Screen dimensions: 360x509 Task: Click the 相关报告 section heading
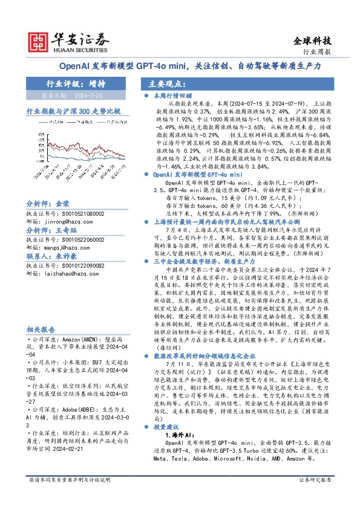41,329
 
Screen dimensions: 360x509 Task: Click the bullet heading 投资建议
167,427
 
